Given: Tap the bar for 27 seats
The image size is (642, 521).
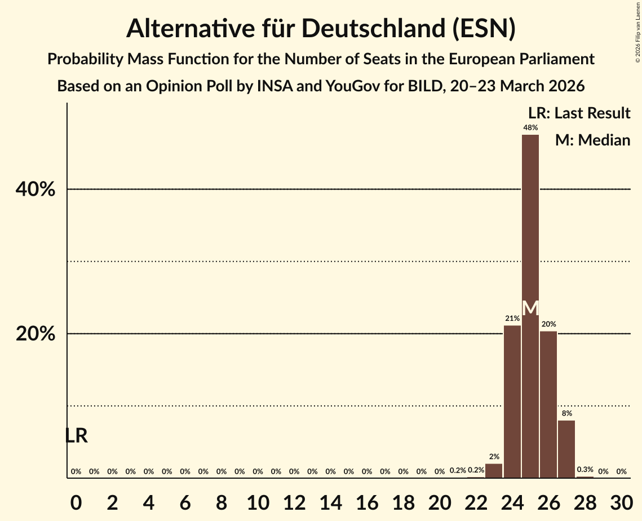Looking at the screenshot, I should pos(566,449).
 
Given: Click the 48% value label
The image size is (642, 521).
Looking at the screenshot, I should pos(530,128).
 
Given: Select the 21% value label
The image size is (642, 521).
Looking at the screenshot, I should pos(512,319).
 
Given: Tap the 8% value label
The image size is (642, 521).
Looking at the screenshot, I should pos(566,413).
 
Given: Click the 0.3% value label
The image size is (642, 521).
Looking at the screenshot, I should pos(585,470).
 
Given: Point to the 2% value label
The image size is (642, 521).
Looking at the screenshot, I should pos(494,457).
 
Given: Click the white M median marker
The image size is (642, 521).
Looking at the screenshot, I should pos(530,308).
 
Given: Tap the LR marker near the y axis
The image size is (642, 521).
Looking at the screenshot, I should pos(76,436).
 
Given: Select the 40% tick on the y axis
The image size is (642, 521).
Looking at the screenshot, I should pos(36,190).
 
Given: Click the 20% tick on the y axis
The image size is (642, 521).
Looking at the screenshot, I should pos(36,334).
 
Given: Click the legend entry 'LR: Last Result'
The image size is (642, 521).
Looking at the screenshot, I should pos(579,113).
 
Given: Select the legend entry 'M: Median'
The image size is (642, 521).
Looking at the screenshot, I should pos(592,140).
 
